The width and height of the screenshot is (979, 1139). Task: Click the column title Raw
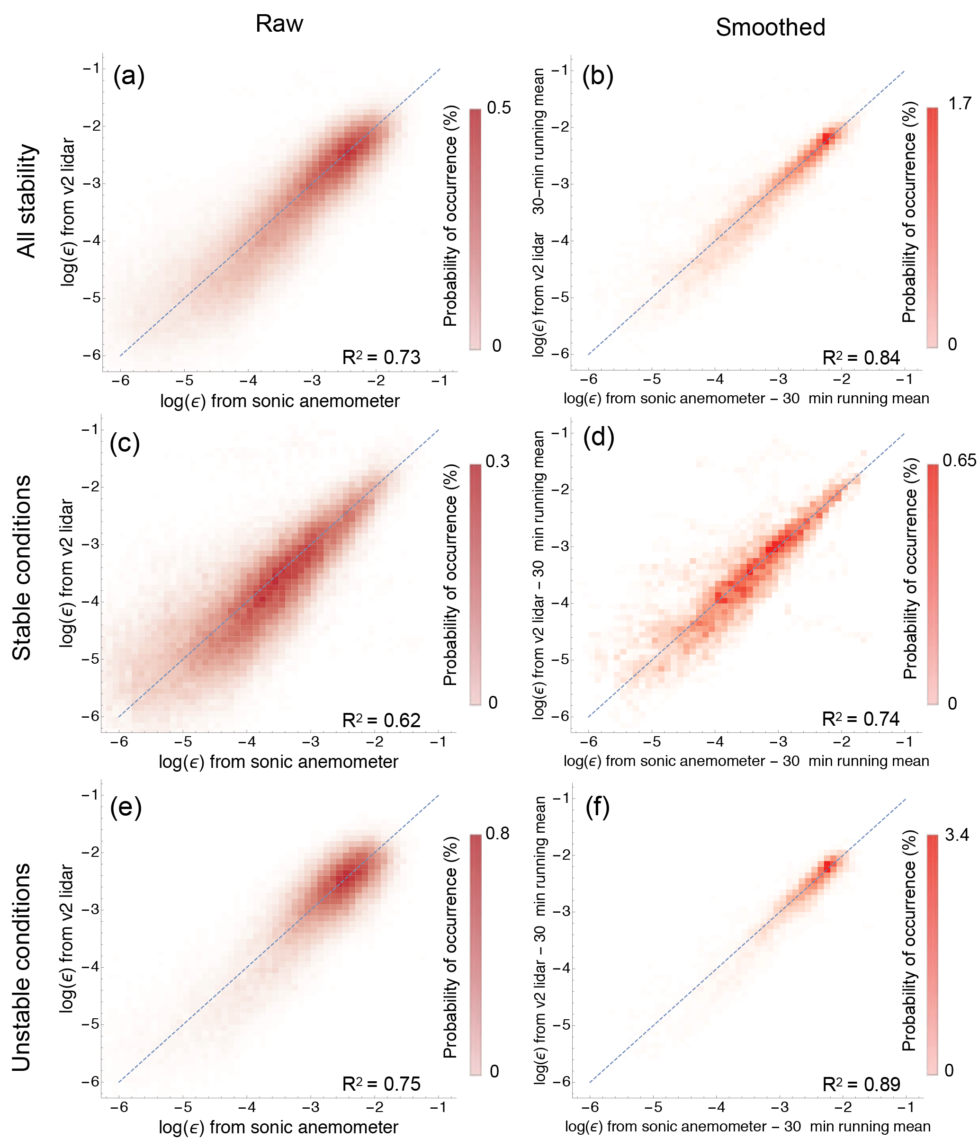coord(279,24)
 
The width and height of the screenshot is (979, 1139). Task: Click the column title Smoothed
coord(770,27)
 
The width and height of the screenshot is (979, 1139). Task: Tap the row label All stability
coord(27,201)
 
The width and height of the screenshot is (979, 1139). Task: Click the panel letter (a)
coord(129,75)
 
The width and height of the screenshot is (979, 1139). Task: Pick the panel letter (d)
coord(598,437)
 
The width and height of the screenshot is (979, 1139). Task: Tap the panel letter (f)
coord(598,807)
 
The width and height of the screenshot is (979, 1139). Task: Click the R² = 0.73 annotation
coord(381,357)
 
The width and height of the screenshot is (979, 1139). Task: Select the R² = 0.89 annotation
coord(861,1084)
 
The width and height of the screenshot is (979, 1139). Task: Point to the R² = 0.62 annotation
coord(381,720)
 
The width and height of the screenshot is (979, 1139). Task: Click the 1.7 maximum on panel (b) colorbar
coord(960,103)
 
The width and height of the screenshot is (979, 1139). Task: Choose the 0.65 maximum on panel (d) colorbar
coord(959,460)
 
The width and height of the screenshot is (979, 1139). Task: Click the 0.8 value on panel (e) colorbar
coord(497,833)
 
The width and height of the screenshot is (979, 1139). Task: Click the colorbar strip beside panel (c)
coord(475,584)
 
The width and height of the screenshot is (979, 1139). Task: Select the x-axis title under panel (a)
coord(279,401)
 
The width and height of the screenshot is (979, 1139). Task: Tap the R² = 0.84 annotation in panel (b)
coord(861,358)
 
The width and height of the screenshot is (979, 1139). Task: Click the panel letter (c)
coord(125,443)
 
